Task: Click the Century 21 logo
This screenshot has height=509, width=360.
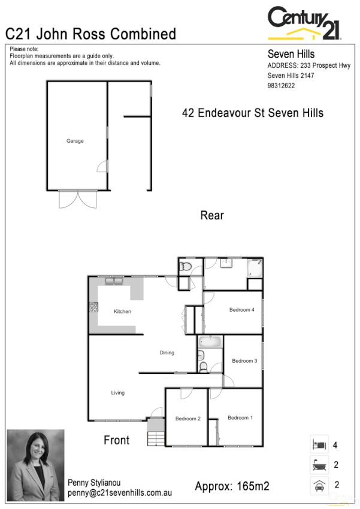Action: pos(304,23)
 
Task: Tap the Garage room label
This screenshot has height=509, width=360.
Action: pos(75,141)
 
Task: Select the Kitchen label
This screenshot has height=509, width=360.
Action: pos(122,311)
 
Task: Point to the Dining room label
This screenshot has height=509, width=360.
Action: pos(167,353)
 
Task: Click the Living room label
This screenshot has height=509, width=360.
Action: pos(117,393)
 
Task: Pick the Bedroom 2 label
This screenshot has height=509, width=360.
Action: pos(187,418)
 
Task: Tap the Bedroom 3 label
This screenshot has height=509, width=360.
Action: pos(244,361)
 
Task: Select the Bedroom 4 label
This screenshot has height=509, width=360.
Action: pos(242,310)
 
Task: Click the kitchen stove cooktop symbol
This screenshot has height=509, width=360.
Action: pos(93,308)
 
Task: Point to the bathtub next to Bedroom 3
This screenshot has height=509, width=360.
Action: pos(210,343)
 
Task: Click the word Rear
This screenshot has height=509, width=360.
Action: pos(212,215)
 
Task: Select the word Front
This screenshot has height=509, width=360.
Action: pos(116,440)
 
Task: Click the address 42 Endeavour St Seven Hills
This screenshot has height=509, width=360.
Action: pos(253,113)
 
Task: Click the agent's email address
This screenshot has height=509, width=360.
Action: pos(120,493)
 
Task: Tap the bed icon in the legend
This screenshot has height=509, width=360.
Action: pos(319,445)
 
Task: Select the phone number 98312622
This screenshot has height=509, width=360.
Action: pos(281,86)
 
